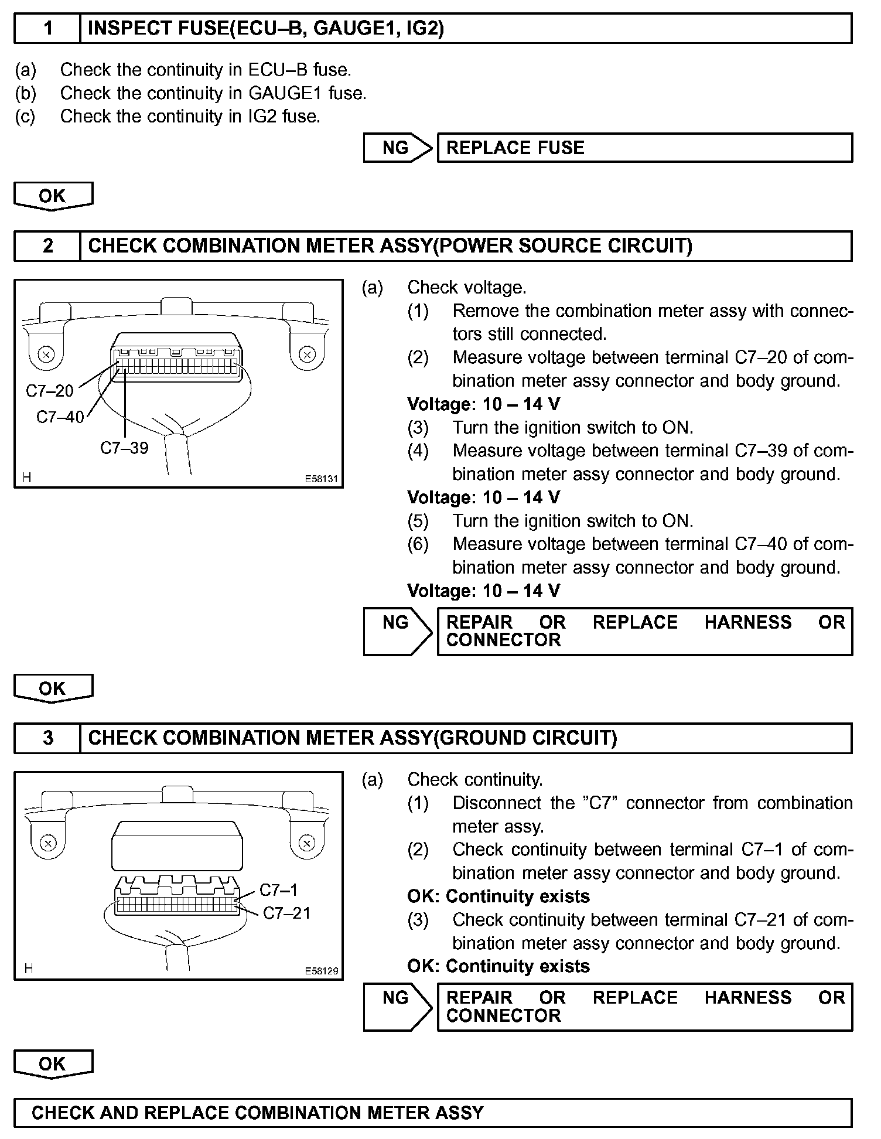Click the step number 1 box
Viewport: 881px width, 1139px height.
tap(47, 29)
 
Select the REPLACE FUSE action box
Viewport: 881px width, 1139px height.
tap(644, 148)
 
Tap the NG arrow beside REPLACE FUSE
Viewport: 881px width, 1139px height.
tap(397, 148)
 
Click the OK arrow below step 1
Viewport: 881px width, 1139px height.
tap(53, 196)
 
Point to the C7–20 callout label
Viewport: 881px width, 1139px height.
tap(50, 391)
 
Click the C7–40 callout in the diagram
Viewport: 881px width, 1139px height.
tap(60, 417)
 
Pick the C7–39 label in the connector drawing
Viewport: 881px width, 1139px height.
tap(124, 448)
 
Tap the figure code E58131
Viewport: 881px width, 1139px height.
tap(321, 479)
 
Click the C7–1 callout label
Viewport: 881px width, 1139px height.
tap(278, 890)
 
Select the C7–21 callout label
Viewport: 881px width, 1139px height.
tap(286, 913)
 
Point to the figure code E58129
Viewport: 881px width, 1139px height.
tap(321, 971)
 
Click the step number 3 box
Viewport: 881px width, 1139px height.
tap(47, 738)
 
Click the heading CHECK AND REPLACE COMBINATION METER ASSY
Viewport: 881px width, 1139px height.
tap(258, 1113)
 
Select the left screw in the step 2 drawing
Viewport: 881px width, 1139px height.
tap(46, 354)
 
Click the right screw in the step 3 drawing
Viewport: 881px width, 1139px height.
tap(306, 843)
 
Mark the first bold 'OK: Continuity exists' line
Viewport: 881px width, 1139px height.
tap(498, 896)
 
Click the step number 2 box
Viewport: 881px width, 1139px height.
tap(47, 245)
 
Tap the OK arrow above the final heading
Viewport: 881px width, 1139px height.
tap(53, 1063)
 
